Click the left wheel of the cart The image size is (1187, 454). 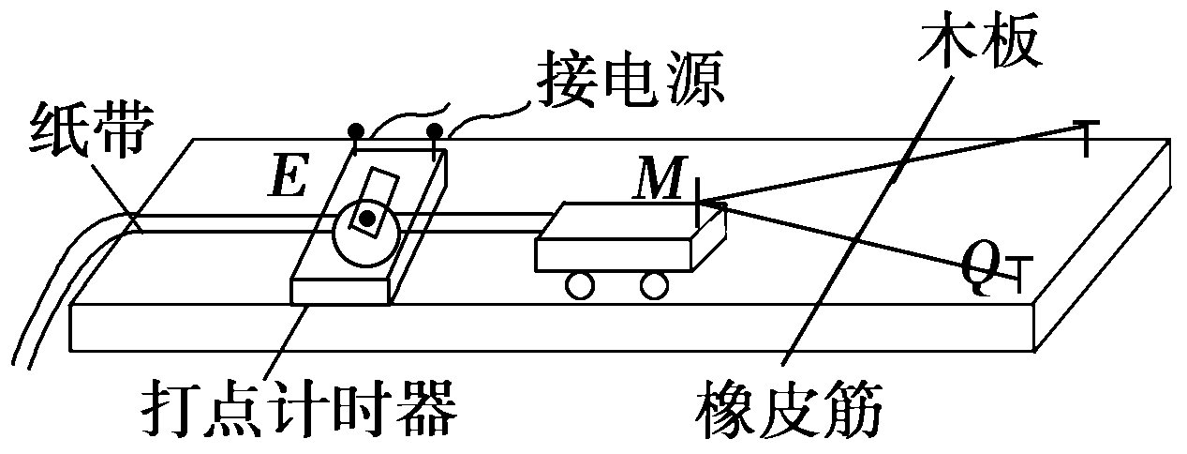(x=581, y=284)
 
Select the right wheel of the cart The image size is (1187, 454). (x=653, y=283)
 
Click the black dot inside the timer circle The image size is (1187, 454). (x=367, y=219)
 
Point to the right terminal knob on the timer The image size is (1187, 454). (x=435, y=130)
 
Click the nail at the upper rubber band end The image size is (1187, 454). (x=1086, y=136)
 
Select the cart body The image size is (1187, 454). (x=618, y=242)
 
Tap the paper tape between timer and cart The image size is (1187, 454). (x=487, y=221)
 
